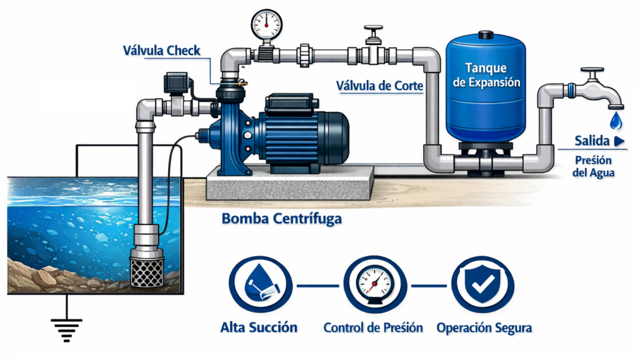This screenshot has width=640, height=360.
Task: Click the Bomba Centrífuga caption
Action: (x=281, y=219)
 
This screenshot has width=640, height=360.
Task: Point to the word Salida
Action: (x=592, y=141)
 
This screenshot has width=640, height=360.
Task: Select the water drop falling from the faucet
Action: (x=616, y=119)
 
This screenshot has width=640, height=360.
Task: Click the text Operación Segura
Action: (x=484, y=327)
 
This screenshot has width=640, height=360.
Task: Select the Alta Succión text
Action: (x=259, y=327)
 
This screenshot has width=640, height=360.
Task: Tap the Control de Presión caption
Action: (x=373, y=327)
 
